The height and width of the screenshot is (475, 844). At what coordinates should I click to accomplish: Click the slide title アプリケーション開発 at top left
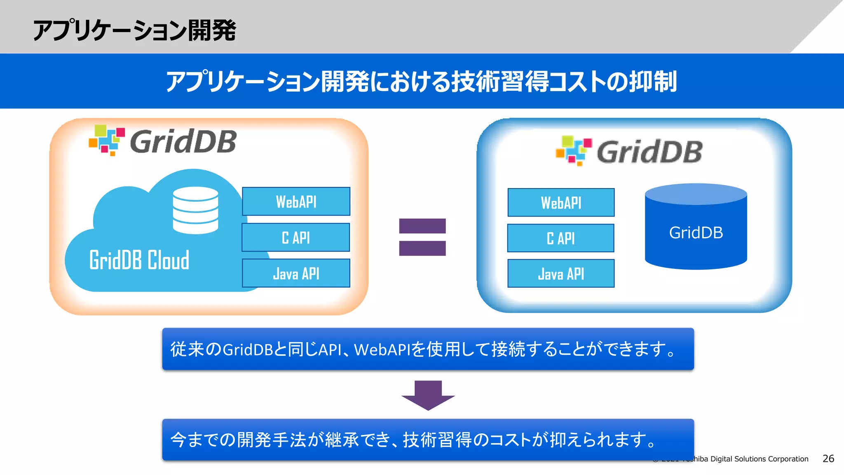134,31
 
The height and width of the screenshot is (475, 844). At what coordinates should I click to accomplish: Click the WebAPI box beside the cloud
296,202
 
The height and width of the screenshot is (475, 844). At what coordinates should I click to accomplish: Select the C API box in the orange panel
295,237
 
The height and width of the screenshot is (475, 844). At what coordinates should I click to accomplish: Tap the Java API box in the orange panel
296,273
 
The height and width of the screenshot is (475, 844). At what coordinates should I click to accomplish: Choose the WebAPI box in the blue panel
561,202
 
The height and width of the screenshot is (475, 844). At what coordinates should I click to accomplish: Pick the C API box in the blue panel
560,238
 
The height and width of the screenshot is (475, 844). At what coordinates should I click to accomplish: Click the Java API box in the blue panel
561,274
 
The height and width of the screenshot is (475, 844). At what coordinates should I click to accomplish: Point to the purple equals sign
422,237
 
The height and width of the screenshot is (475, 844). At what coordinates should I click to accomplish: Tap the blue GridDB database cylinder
696,232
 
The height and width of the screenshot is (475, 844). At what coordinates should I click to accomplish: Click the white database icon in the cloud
195,210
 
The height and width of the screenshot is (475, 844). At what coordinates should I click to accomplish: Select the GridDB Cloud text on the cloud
139,260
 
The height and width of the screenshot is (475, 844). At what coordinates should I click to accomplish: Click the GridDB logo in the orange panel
163,141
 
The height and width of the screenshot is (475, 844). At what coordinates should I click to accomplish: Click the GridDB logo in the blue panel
629,151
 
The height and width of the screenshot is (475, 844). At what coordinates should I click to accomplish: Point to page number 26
828,459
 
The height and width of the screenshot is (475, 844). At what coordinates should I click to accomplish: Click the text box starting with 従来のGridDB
428,349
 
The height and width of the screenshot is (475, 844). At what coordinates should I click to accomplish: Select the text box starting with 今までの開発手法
428,440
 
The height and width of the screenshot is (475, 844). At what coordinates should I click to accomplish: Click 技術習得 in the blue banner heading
499,81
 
